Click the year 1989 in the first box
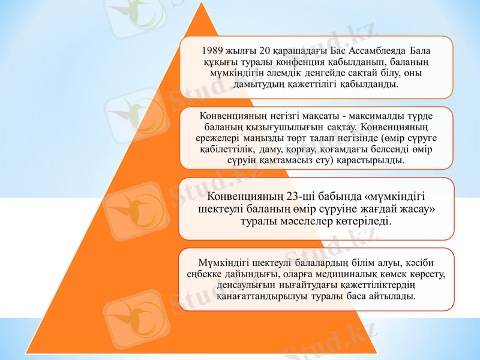click(x=214, y=50)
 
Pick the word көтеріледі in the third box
click(x=367, y=221)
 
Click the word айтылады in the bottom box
click(x=393, y=296)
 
